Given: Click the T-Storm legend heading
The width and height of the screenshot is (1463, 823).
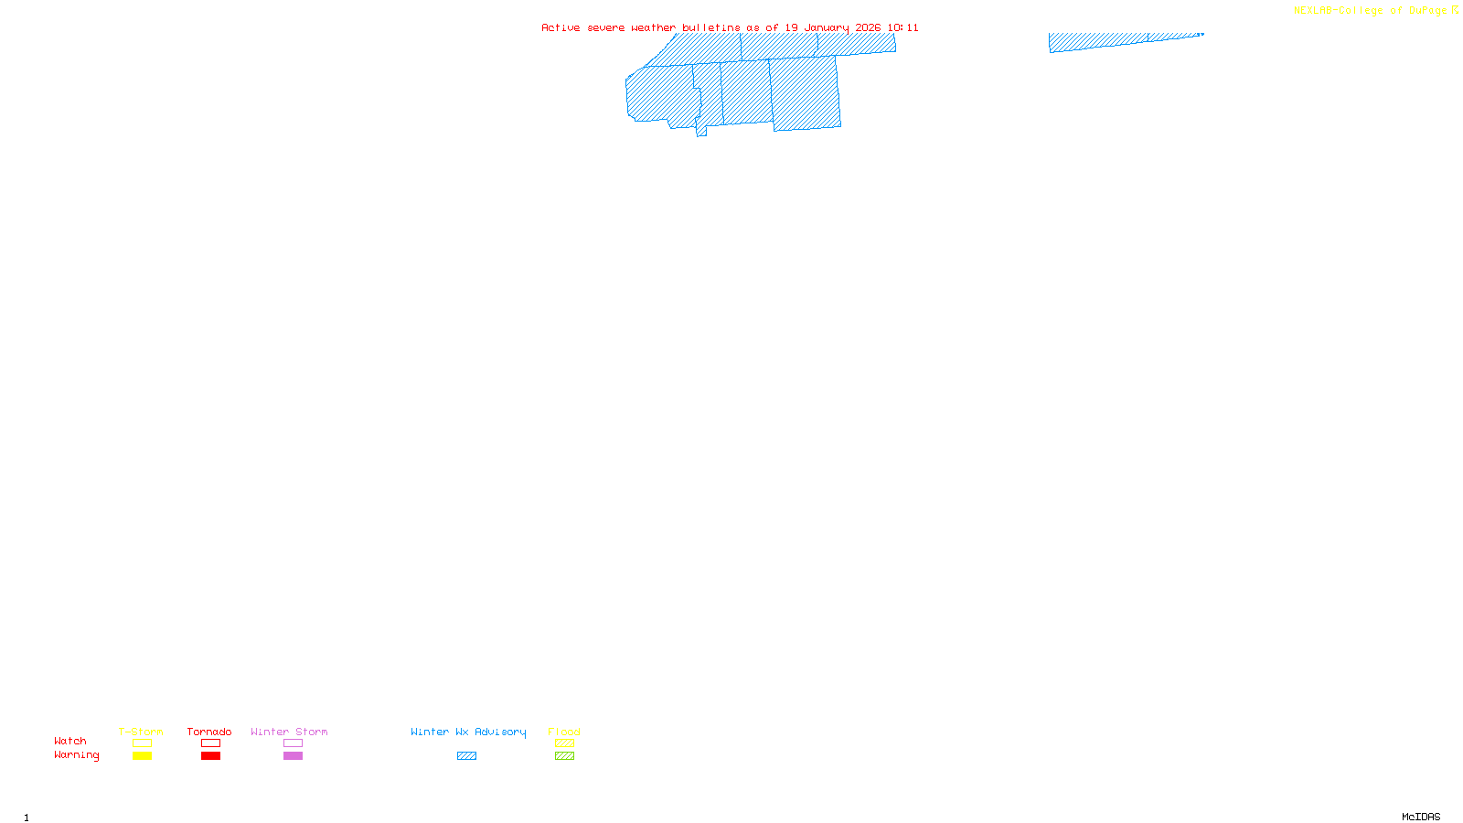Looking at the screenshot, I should point(141,732).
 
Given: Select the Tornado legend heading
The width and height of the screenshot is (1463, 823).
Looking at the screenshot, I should point(209,732).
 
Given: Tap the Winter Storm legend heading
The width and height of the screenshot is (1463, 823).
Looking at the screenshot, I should point(289,732).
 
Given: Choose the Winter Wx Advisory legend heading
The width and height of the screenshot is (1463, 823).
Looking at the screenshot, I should point(468,732).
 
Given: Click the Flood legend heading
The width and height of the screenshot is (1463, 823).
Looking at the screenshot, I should point(564,732).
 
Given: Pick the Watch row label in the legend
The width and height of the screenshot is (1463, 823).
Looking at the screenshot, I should point(70,741).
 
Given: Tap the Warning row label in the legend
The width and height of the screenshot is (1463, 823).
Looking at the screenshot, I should point(77,755).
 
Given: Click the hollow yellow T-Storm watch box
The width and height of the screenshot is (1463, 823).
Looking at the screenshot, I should point(142,743).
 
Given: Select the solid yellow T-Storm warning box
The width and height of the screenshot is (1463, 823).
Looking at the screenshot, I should point(142,756).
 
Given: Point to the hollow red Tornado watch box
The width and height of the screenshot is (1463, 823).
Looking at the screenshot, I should point(210,743).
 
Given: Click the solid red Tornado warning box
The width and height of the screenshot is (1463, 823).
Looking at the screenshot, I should point(210,756).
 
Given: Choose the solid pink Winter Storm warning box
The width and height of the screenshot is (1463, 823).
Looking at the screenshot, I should point(293,756).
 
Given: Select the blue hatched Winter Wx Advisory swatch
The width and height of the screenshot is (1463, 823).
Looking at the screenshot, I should point(466,756).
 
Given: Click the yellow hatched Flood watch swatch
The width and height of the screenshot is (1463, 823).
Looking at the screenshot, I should point(564,743).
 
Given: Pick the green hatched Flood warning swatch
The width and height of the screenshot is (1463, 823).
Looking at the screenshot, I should point(564,756).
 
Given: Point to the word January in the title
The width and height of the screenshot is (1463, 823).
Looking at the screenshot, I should point(827,27).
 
